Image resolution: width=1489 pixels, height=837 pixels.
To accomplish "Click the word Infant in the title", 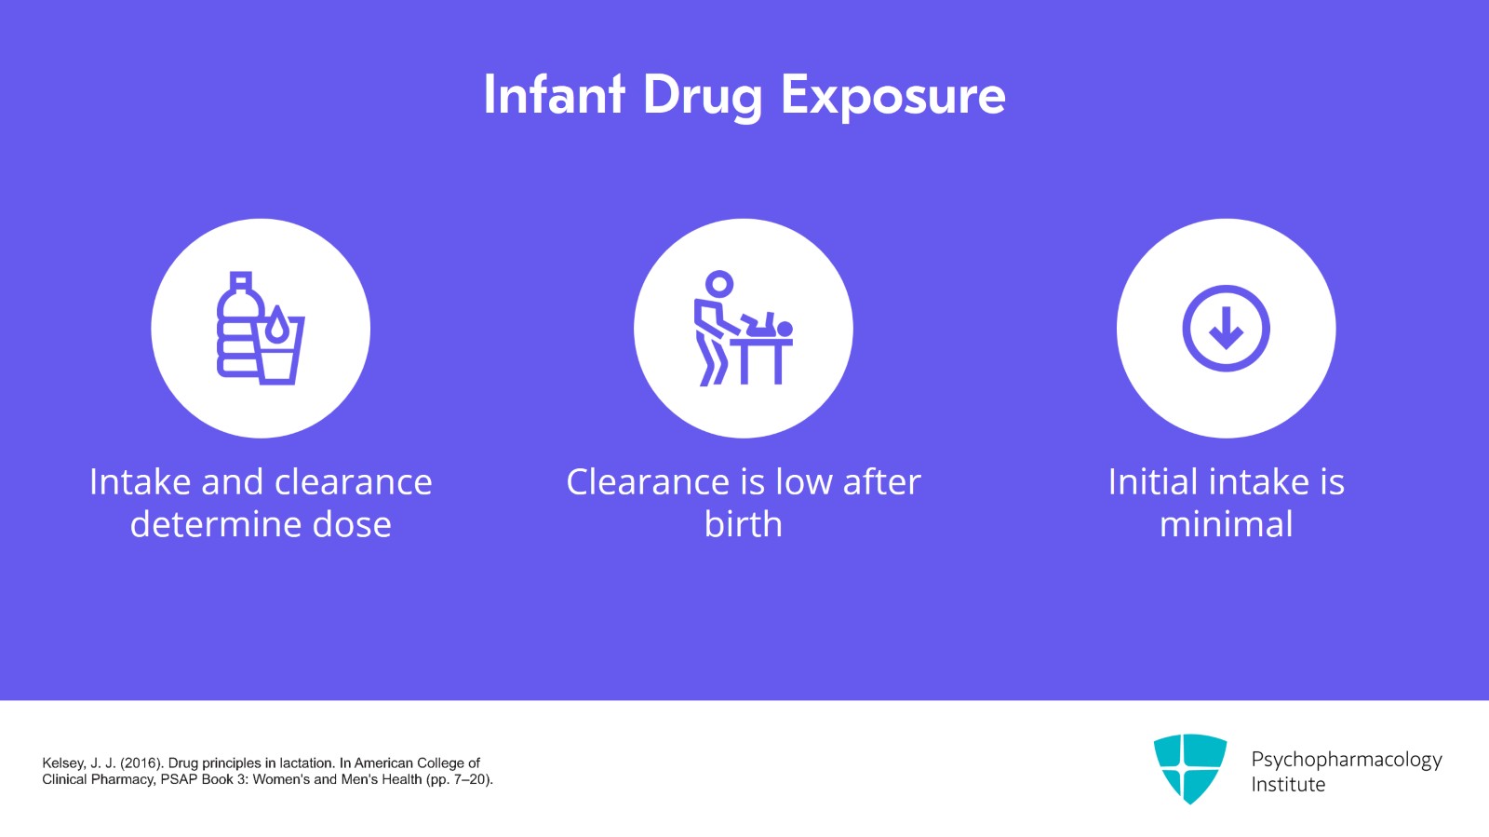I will point(553,95).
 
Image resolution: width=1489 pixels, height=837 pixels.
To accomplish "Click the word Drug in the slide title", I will point(702,97).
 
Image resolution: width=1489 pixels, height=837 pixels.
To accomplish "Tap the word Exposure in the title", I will point(892,97).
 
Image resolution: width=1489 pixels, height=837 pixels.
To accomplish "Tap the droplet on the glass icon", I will point(277,327).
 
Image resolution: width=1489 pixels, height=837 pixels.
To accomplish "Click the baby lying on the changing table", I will point(767,327).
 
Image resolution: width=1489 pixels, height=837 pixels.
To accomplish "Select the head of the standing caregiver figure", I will point(719,283).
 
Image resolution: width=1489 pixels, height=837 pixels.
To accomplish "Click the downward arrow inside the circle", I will point(1226,329).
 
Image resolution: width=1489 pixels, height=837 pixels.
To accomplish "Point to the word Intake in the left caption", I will point(140,482).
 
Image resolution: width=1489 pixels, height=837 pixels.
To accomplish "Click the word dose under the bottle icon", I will point(352,524).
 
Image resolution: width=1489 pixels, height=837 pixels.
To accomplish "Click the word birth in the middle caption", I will point(743,524).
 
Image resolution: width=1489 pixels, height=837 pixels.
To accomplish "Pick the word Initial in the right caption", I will point(1152,482).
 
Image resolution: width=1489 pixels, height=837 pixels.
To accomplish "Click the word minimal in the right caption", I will point(1226,524).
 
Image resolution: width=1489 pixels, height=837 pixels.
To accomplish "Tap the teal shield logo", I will point(1189,767).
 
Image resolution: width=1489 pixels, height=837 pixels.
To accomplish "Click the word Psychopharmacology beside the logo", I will point(1346,759).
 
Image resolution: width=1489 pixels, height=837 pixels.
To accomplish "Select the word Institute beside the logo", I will point(1288,785).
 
